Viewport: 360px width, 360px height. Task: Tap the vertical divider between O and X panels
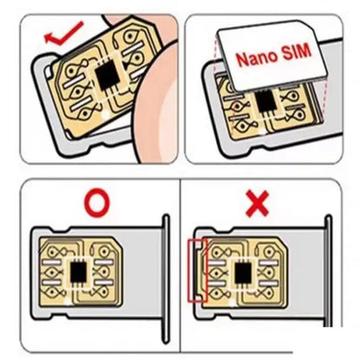pyautogui.click(x=179, y=260)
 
